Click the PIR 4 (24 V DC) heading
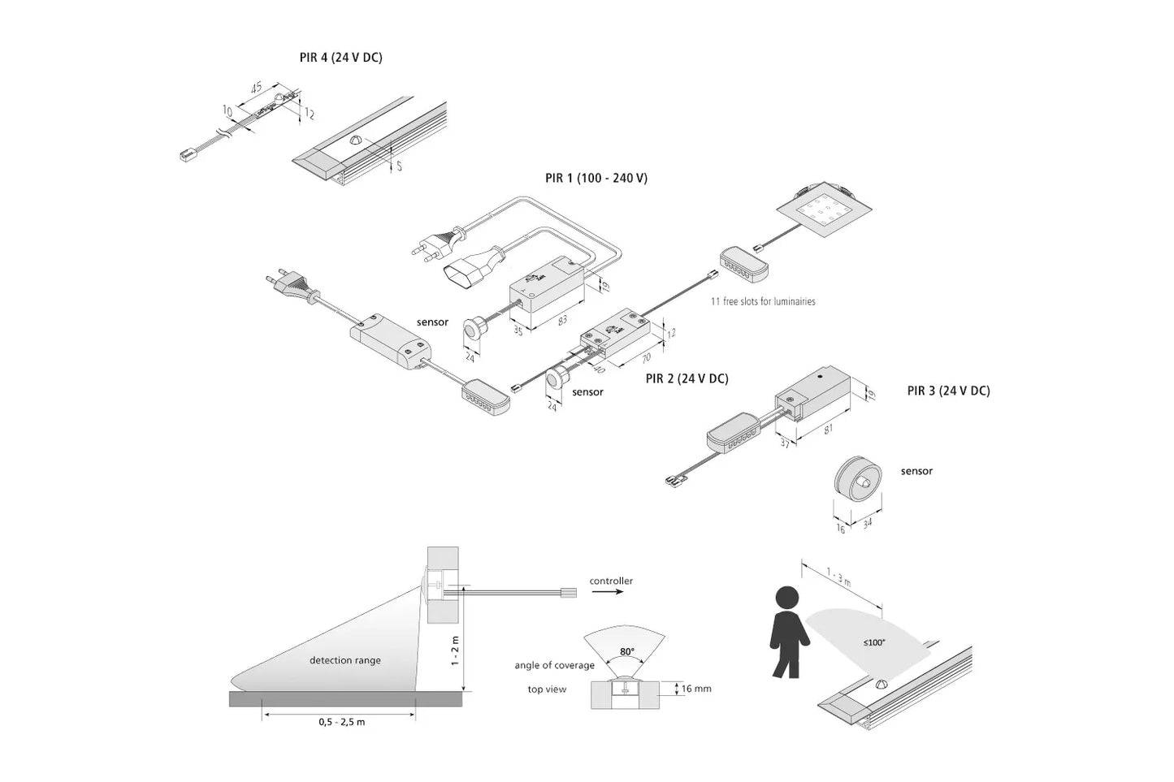tap(340, 58)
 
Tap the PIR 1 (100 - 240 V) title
tap(596, 178)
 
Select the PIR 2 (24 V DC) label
tap(687, 378)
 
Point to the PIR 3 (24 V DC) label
tap(948, 391)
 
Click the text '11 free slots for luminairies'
tap(763, 301)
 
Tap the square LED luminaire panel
tap(824, 212)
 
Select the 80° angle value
tap(626, 651)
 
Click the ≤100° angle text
tap(874, 642)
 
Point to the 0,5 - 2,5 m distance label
tap(341, 722)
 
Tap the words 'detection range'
tap(344, 660)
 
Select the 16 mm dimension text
tap(696, 689)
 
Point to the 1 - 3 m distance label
tap(839, 579)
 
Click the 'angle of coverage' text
tap(554, 666)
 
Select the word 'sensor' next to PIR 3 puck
tap(916, 471)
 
